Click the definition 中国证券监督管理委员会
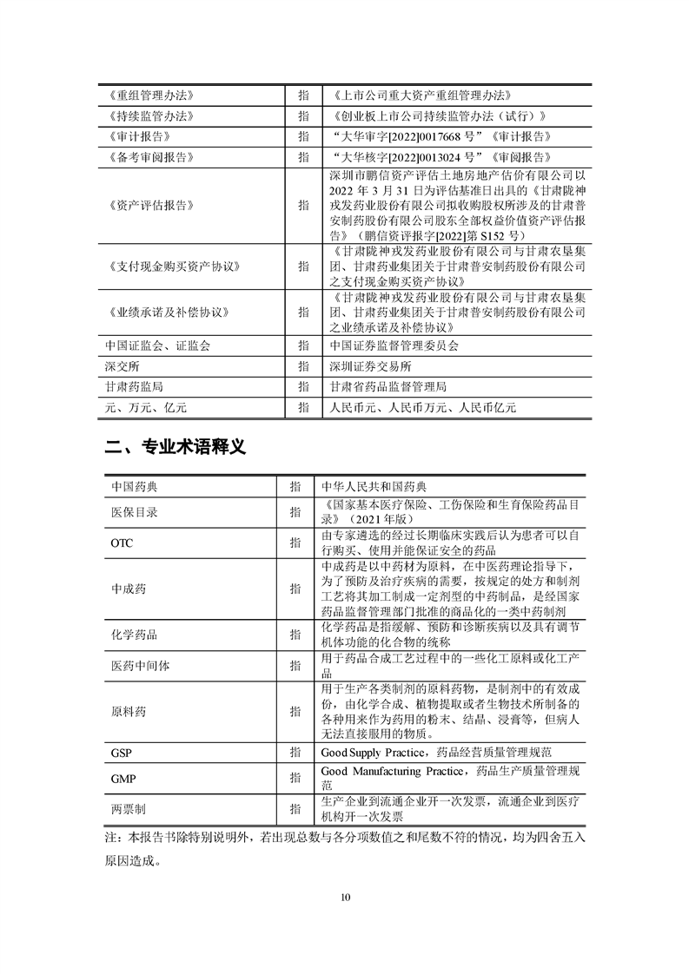tap(394, 345)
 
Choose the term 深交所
tap(122, 365)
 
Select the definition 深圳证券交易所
tap(369, 365)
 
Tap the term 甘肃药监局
tap(133, 386)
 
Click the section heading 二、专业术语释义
tap(176, 448)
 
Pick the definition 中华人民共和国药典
tap(374, 487)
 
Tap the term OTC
tap(122, 543)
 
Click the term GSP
tap(121, 751)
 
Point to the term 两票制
tap(129, 808)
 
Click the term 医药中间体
tap(141, 665)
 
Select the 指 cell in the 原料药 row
tap(295, 711)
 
